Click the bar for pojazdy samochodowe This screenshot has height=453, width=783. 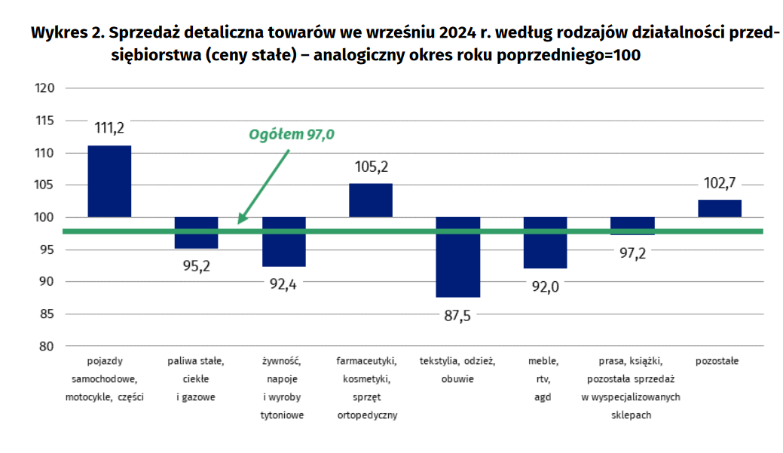pos(109,181)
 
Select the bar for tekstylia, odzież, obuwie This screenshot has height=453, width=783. pos(457,257)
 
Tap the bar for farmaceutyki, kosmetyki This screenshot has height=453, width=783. pos(371,200)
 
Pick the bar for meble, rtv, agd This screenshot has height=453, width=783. pos(545,243)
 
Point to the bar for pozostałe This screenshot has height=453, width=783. pos(720,209)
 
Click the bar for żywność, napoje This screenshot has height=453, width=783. pos(283,242)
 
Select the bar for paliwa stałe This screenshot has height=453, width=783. pos(197,233)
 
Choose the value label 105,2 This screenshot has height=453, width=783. pos(371,167)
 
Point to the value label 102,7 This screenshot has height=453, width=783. pos(720,182)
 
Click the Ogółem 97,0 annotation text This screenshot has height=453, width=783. pos(292,135)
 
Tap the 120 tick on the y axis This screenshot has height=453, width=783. pos(44,88)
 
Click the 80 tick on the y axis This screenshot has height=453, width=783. pos(47,346)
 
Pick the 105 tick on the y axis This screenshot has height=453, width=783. pos(44,185)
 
